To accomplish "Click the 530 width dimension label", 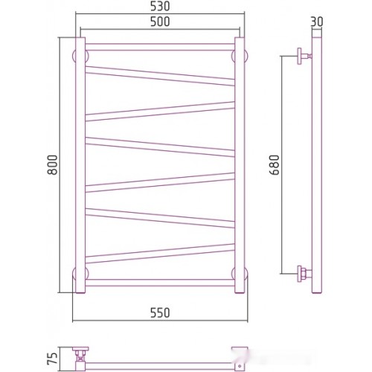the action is (160, 7).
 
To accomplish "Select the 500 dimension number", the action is (160, 22).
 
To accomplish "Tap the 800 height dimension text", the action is (52, 165).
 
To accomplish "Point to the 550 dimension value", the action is (160, 312).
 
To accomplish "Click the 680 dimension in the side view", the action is (275, 165).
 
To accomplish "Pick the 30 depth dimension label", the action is (317, 22).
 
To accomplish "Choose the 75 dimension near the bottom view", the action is (52, 358).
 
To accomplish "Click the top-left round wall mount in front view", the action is (80, 56).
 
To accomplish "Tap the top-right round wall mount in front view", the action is (240, 56).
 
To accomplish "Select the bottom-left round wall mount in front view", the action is (80, 274).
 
